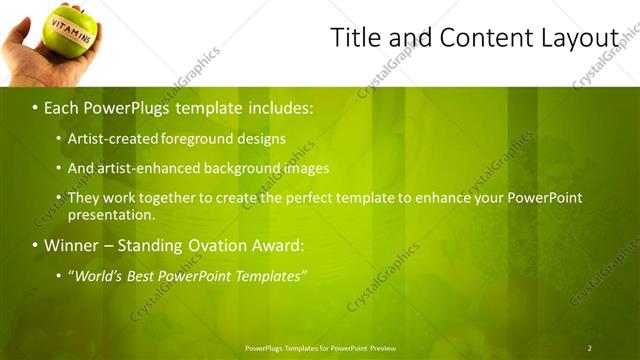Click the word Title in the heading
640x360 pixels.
coord(354,38)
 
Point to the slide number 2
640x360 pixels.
coord(589,348)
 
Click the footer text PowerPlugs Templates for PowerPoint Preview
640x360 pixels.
coord(320,348)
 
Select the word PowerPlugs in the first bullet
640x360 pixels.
coord(123,106)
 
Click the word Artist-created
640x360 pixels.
coord(110,138)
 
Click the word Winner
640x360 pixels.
coord(72,245)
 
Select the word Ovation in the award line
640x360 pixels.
coord(216,245)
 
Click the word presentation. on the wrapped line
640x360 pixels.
coord(111,214)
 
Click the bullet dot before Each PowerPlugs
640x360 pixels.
coord(34,106)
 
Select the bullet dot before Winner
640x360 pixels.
coord(34,245)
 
